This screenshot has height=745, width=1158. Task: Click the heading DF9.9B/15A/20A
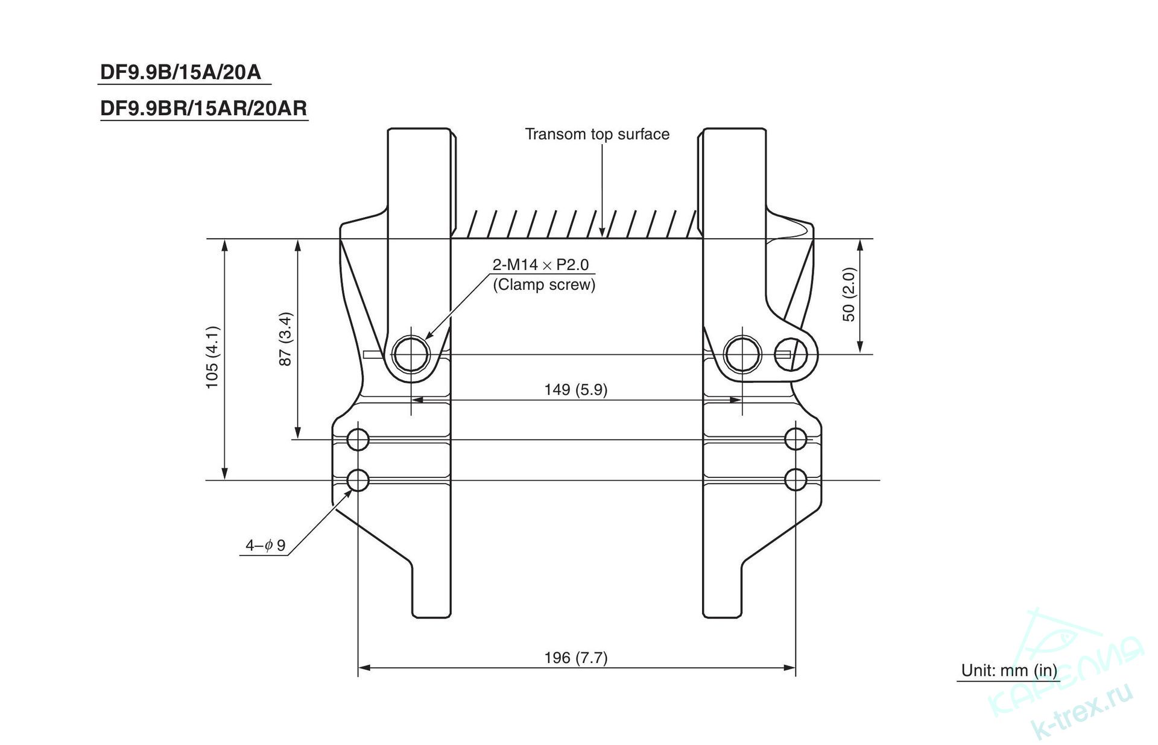point(180,72)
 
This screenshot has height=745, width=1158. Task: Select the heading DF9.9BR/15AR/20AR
point(203,108)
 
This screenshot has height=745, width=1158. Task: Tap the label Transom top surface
point(597,134)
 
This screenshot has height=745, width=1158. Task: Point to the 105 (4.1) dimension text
point(212,357)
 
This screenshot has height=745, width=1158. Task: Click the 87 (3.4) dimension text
point(285,339)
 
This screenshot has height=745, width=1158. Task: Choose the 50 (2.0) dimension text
point(849,295)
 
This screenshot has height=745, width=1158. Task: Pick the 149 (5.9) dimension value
point(576,389)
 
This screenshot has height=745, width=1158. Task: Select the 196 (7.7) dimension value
point(576,657)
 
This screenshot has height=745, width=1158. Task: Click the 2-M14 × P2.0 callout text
point(540,265)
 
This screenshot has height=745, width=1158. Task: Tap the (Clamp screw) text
point(544,284)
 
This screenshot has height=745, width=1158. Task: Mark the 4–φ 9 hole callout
point(265,545)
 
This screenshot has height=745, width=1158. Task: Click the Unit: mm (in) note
point(1009,670)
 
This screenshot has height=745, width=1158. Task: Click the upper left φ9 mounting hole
point(358,439)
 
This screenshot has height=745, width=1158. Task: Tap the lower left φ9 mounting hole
point(358,480)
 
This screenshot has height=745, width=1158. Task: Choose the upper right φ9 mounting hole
point(796,439)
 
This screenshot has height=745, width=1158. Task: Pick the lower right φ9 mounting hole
point(796,480)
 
